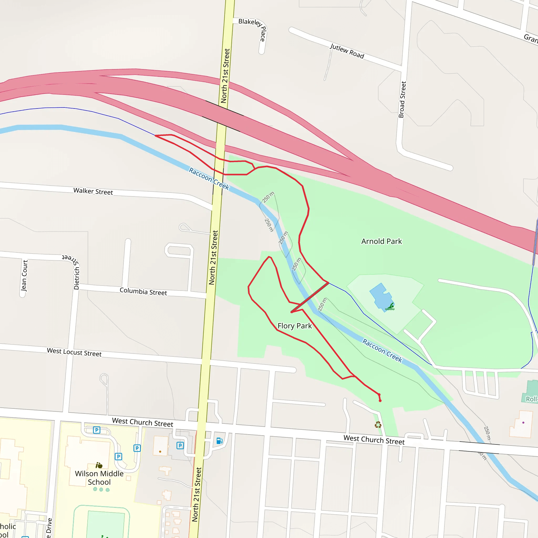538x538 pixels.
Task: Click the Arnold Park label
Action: (x=381, y=241)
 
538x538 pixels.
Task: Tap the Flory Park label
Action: (x=295, y=326)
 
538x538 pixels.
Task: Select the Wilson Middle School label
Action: (x=99, y=478)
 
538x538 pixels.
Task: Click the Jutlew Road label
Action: (x=347, y=51)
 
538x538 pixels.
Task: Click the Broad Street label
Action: (x=402, y=99)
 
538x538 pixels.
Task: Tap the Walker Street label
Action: (x=93, y=191)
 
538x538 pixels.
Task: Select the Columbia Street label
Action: (x=143, y=291)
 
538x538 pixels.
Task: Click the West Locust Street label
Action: (x=74, y=352)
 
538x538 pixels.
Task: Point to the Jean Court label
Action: (x=24, y=276)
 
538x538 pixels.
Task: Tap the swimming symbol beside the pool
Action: (x=390, y=307)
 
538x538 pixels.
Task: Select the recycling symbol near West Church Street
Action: (x=378, y=425)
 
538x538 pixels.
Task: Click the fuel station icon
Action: (x=219, y=441)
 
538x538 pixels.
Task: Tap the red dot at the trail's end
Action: (x=380, y=401)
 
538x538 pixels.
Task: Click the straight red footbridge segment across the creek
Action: (x=310, y=297)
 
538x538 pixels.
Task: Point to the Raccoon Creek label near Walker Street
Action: (x=209, y=178)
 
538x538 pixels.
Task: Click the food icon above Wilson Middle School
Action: (x=99, y=465)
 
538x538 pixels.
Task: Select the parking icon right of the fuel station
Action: (x=180, y=446)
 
